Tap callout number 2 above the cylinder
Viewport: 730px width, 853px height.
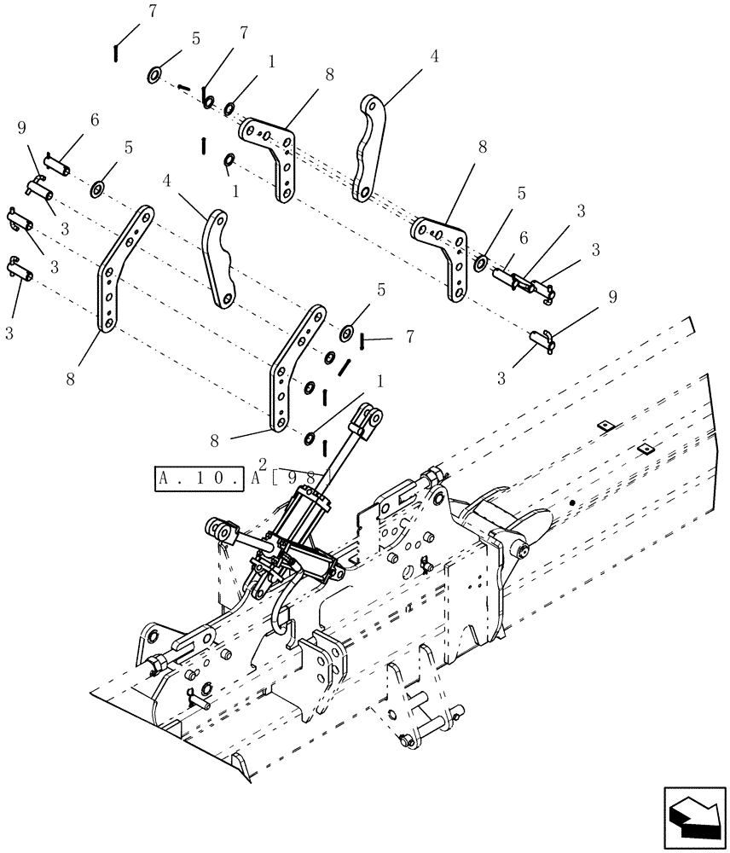point(263,462)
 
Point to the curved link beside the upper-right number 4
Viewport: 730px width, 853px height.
point(368,147)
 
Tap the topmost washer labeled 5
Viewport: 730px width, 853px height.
point(155,75)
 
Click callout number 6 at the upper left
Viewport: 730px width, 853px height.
point(94,120)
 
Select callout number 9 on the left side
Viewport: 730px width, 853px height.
point(22,129)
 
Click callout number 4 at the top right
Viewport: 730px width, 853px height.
point(434,56)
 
